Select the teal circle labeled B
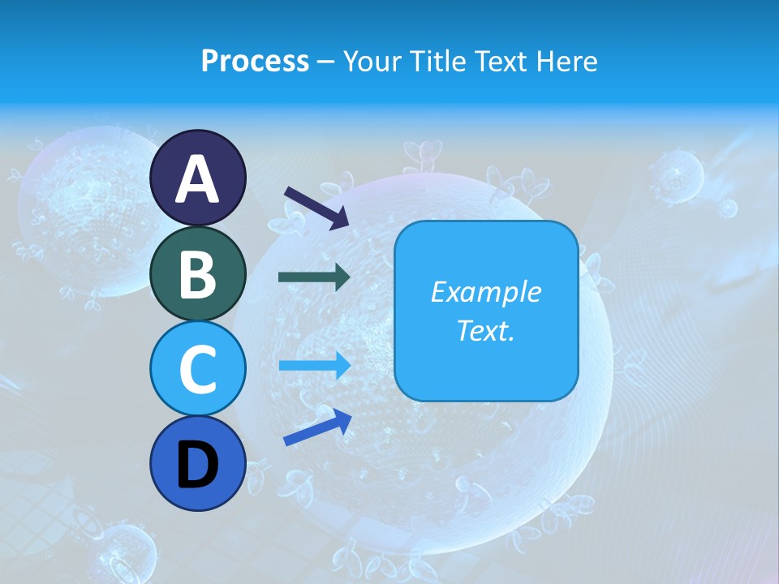pos(197,273)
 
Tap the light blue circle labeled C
pos(197,368)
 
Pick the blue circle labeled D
pos(197,464)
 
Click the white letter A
pos(197,179)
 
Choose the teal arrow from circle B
pos(314,277)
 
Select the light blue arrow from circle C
pos(314,365)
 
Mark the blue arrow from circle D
pos(316,427)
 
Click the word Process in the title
pos(255,61)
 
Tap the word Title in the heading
pos(437,61)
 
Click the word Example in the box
pos(485,292)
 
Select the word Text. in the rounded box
pos(485,331)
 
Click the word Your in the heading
pos(372,61)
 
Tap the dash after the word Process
pos(326,62)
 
